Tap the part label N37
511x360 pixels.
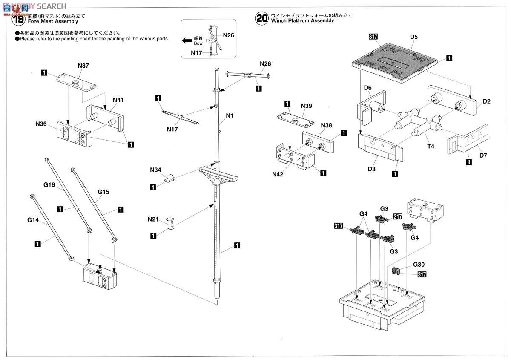[x=83, y=66]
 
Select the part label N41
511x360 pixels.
[x=118, y=100]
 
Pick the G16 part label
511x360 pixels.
[x=49, y=185]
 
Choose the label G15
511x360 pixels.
[x=103, y=192]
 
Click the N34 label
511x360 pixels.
[x=156, y=170]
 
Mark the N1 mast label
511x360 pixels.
[x=230, y=115]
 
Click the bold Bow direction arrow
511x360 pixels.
[x=187, y=40]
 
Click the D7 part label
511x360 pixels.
[x=483, y=155]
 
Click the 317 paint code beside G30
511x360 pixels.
[x=422, y=274]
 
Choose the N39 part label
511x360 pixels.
[x=306, y=106]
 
